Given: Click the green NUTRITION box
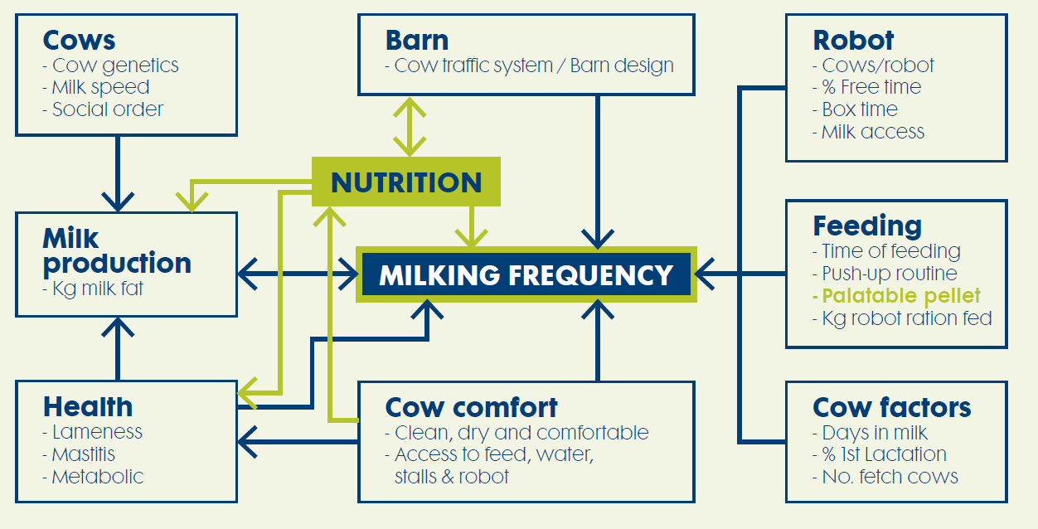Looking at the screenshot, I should click(x=406, y=182).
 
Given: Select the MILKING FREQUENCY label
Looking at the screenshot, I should click(x=526, y=274).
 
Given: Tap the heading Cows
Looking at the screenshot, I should click(x=79, y=40).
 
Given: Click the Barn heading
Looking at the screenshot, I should click(x=417, y=40).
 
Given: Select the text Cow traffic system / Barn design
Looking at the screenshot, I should click(x=529, y=66).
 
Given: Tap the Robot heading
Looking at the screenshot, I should click(x=853, y=40).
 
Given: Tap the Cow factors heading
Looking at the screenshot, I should click(x=891, y=407).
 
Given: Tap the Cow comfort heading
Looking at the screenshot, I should click(x=471, y=407).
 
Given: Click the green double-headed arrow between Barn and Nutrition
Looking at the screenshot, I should click(x=408, y=127).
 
